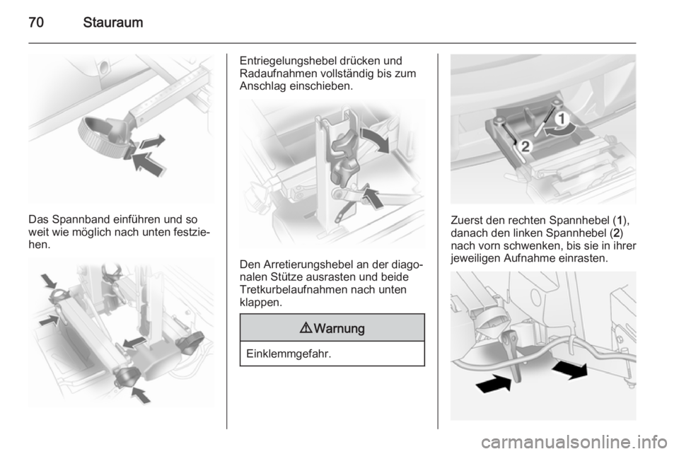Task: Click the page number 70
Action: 36,22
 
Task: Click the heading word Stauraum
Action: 113,22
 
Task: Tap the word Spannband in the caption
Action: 81,220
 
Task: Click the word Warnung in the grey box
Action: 339,329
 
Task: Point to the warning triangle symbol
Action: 306,328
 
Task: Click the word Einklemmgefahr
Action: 289,354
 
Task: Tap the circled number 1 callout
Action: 562,119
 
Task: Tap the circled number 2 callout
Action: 525,146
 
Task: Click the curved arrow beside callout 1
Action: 561,130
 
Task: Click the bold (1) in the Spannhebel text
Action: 620,221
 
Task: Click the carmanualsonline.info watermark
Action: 574,442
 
